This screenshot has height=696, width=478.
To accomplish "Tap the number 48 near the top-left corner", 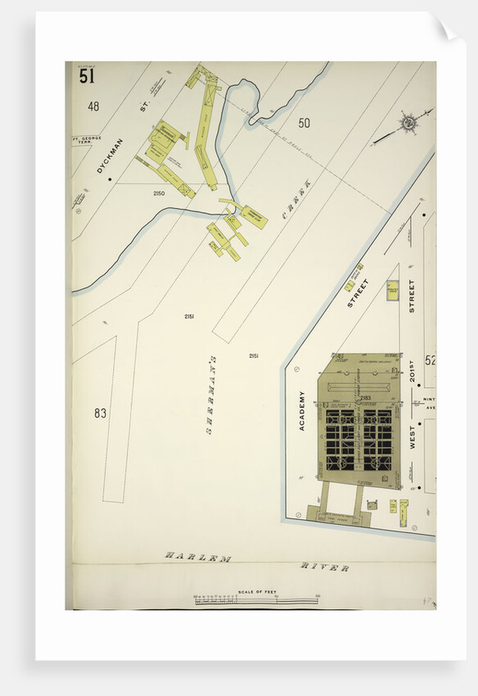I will point(93,106).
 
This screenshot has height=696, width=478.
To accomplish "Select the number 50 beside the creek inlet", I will point(304,124).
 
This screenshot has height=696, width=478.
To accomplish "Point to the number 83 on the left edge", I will point(100,414).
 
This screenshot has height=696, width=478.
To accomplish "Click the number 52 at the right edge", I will point(430,360).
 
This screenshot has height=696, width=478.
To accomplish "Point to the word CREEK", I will point(296,197).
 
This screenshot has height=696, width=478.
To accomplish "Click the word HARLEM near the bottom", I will point(197,557).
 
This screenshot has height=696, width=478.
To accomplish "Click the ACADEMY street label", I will point(301,410).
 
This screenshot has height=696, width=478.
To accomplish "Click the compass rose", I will point(407,123).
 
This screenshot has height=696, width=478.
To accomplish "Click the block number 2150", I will point(158,193).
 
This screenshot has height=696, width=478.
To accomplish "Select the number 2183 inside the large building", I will point(365,399).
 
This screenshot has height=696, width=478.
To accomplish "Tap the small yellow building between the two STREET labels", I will point(392,291).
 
